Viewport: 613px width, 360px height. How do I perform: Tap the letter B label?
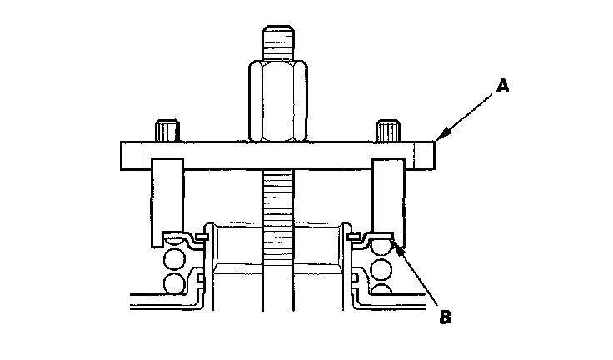coord(446,316)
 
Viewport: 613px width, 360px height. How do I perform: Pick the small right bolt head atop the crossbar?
coord(389,131)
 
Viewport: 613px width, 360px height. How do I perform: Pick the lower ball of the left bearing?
coord(177,282)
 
